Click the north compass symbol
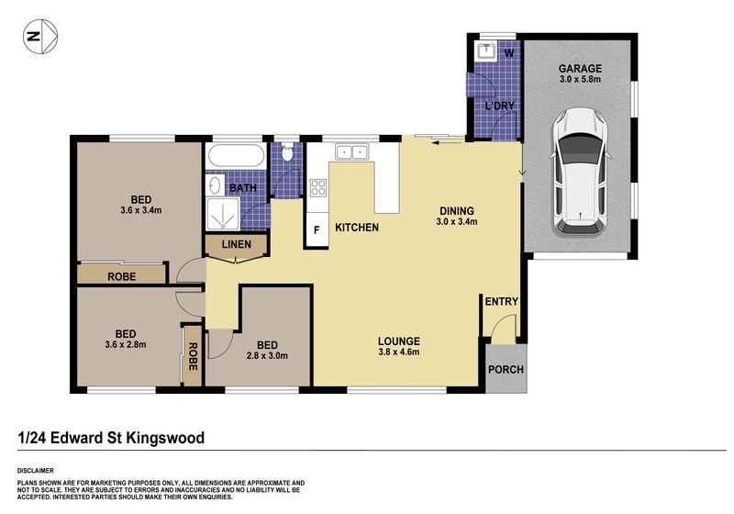[40, 36]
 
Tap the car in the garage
[580, 173]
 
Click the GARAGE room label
[580, 68]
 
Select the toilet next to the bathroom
[287, 151]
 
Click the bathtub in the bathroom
[236, 155]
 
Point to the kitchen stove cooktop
[317, 187]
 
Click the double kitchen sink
[351, 151]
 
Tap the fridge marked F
[317, 229]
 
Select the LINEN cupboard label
[237, 244]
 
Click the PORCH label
[506, 369]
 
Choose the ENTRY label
[501, 301]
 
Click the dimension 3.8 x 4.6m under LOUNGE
[399, 352]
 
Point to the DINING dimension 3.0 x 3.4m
[457, 222]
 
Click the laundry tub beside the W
[485, 50]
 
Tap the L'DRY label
[499, 106]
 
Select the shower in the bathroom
[223, 214]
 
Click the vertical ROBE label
[193, 357]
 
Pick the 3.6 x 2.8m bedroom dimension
[126, 344]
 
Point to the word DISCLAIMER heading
[36, 471]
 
